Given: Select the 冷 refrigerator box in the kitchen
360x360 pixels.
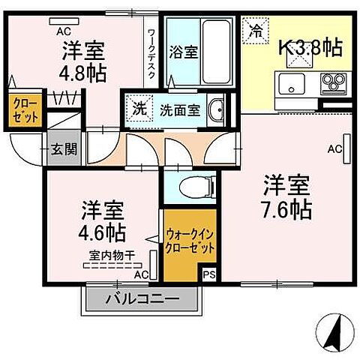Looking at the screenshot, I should [256, 31].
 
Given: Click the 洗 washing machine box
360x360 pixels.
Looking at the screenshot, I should [138, 108].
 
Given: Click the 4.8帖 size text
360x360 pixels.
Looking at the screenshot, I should [82, 73].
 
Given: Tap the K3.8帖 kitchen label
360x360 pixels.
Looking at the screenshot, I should [310, 47].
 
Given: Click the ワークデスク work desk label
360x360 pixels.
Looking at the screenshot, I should [151, 52].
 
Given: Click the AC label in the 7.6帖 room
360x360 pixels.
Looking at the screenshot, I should [334, 148].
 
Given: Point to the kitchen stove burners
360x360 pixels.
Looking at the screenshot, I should [331, 80].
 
